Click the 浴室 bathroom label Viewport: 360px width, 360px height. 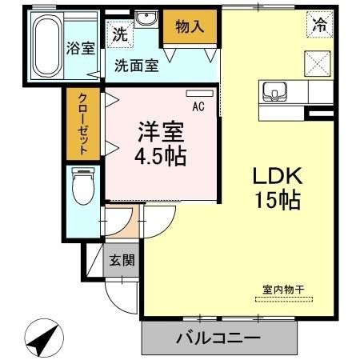81,47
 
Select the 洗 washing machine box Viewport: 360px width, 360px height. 119,34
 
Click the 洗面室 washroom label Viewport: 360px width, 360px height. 135,66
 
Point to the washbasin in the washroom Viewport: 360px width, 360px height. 146,20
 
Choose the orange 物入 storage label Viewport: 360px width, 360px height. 190,26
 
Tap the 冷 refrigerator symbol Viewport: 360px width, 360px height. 319,24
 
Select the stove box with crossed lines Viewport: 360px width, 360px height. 318,62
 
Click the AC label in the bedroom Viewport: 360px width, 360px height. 197,103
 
